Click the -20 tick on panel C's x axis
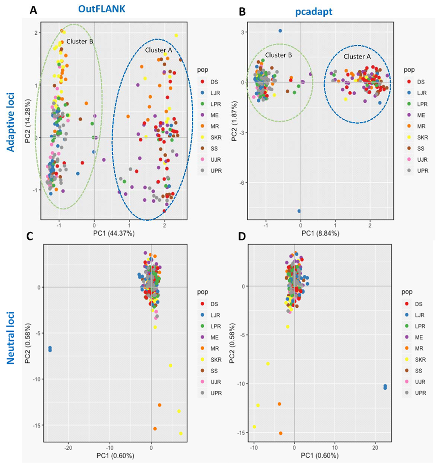click(x=69, y=448)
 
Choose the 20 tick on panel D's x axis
click(x=375, y=448)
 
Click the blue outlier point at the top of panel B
click(x=280, y=31)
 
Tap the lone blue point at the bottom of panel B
click(x=299, y=211)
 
